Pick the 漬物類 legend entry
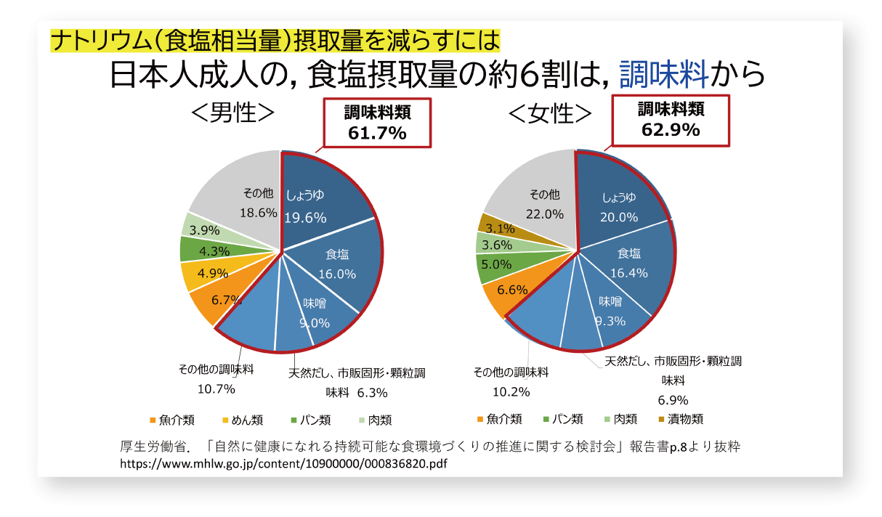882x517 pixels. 680,419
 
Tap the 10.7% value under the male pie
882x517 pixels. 216,388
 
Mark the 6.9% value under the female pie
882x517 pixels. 673,400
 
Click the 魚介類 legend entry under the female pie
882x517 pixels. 499,419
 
